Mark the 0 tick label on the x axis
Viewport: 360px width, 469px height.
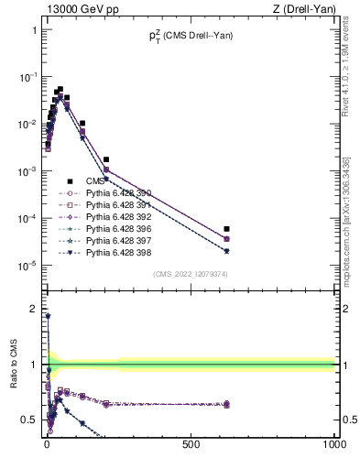point(47,444)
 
